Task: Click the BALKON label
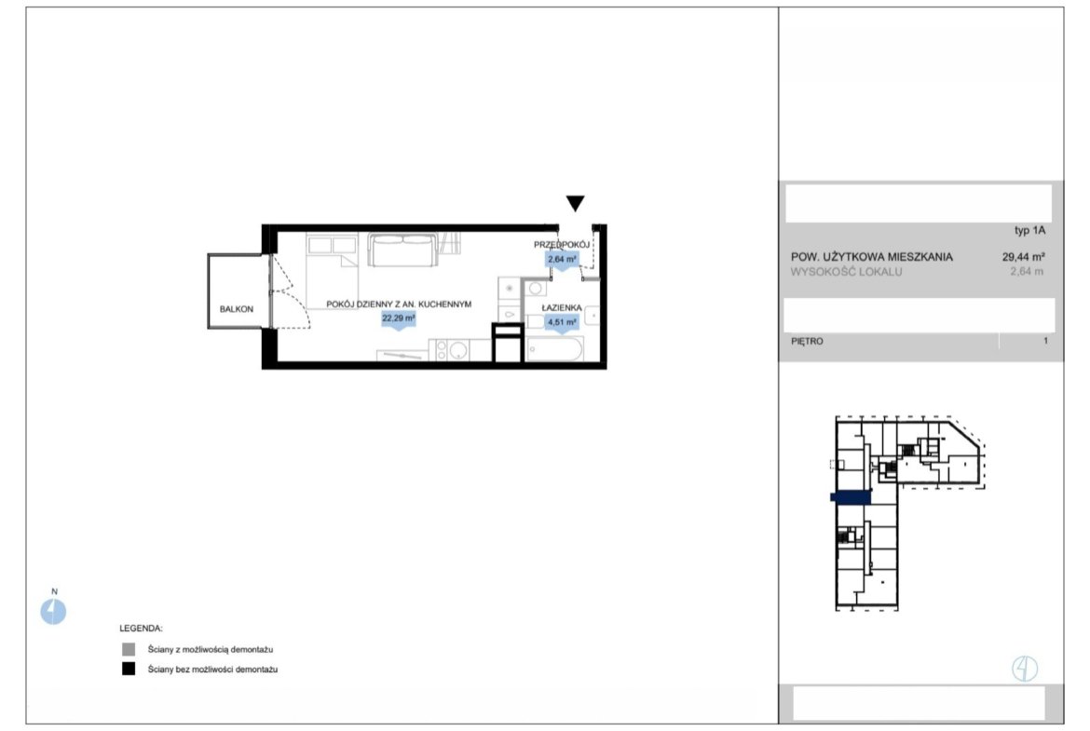(x=237, y=309)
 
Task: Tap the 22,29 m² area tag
(x=399, y=319)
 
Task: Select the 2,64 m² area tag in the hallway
(x=562, y=260)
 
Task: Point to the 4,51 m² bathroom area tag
(x=562, y=322)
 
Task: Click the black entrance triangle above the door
(x=575, y=203)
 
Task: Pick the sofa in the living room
(x=403, y=250)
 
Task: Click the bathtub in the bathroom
(x=554, y=349)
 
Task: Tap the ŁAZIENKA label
(x=562, y=308)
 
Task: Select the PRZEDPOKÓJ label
(x=562, y=245)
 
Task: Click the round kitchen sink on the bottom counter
(x=457, y=350)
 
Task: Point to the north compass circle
(x=53, y=612)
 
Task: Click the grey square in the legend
(x=129, y=650)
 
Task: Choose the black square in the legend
(x=129, y=670)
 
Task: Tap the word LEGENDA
(x=141, y=629)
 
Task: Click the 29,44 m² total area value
(x=1023, y=256)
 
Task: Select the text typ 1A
(x=1029, y=230)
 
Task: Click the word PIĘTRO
(x=807, y=341)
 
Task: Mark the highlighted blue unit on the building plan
(x=851, y=496)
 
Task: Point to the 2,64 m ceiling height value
(x=1027, y=272)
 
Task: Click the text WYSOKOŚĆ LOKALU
(x=846, y=272)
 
